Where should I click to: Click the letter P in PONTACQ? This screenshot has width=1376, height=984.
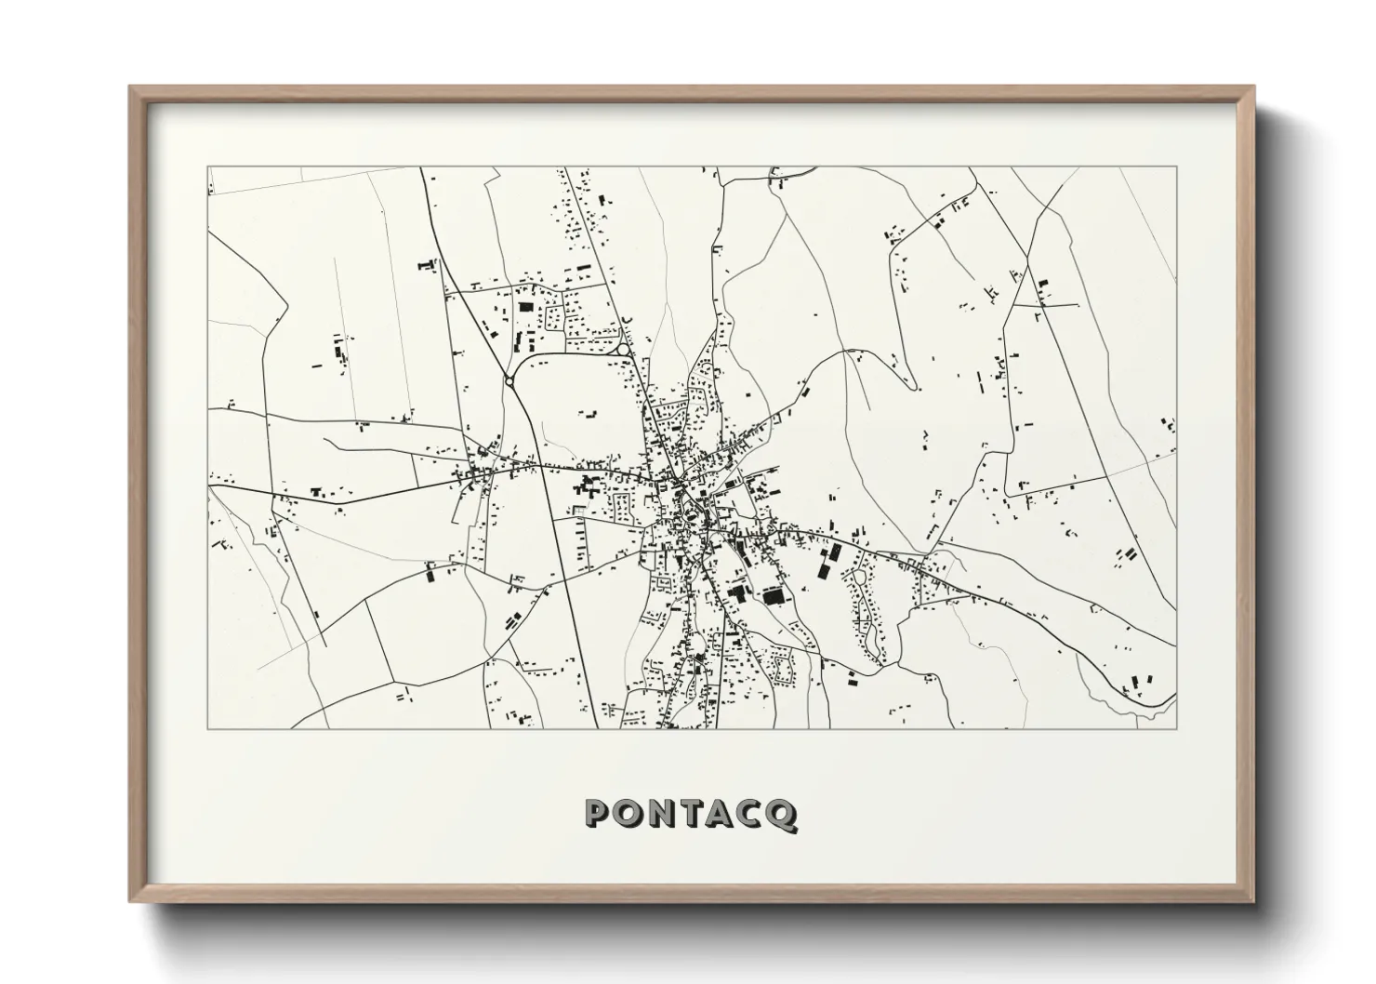597,814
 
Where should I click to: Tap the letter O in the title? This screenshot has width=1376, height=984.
628,814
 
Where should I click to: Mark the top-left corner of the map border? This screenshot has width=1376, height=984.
207,167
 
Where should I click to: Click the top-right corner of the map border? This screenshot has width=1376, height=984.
1177,167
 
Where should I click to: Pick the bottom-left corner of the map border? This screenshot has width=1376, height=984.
207,728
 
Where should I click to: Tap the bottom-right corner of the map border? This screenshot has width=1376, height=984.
1177,728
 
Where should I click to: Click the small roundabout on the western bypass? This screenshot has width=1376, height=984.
509,379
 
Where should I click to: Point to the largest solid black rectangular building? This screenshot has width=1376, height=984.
771,595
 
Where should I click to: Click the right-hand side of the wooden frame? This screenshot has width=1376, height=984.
1249,493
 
